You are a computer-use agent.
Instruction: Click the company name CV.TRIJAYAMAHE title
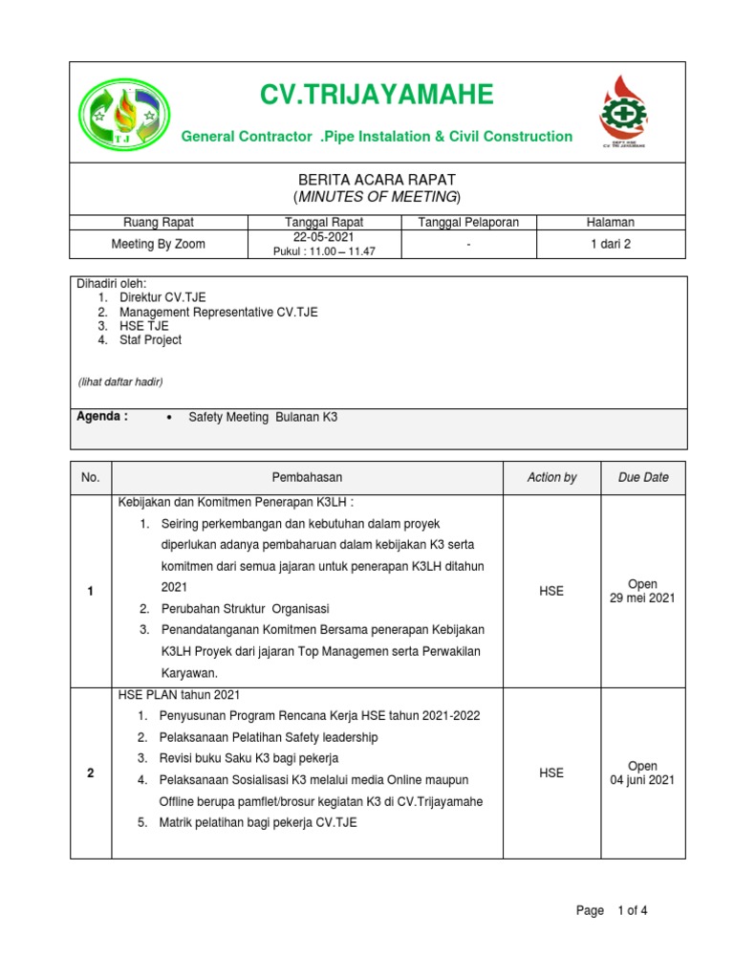377,95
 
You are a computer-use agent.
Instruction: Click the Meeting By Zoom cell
158,244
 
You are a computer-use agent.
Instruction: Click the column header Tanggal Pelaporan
468,222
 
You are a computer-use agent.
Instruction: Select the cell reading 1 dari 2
611,244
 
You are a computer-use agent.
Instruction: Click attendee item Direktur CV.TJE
162,297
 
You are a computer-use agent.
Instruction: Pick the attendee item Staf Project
150,339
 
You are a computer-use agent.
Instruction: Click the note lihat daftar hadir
120,382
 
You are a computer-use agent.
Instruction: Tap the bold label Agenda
101,417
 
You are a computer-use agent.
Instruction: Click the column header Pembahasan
307,477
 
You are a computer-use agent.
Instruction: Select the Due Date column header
642,477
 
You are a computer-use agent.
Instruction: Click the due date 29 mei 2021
642,598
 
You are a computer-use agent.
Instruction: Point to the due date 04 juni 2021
642,780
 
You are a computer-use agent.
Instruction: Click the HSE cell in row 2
551,772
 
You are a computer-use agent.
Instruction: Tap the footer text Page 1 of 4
612,910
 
